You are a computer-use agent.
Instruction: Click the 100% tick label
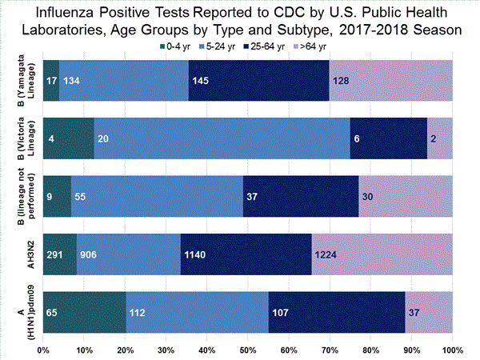click(x=452, y=349)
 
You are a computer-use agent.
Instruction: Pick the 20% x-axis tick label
click(x=126, y=349)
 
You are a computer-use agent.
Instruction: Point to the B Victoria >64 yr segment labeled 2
click(x=439, y=138)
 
